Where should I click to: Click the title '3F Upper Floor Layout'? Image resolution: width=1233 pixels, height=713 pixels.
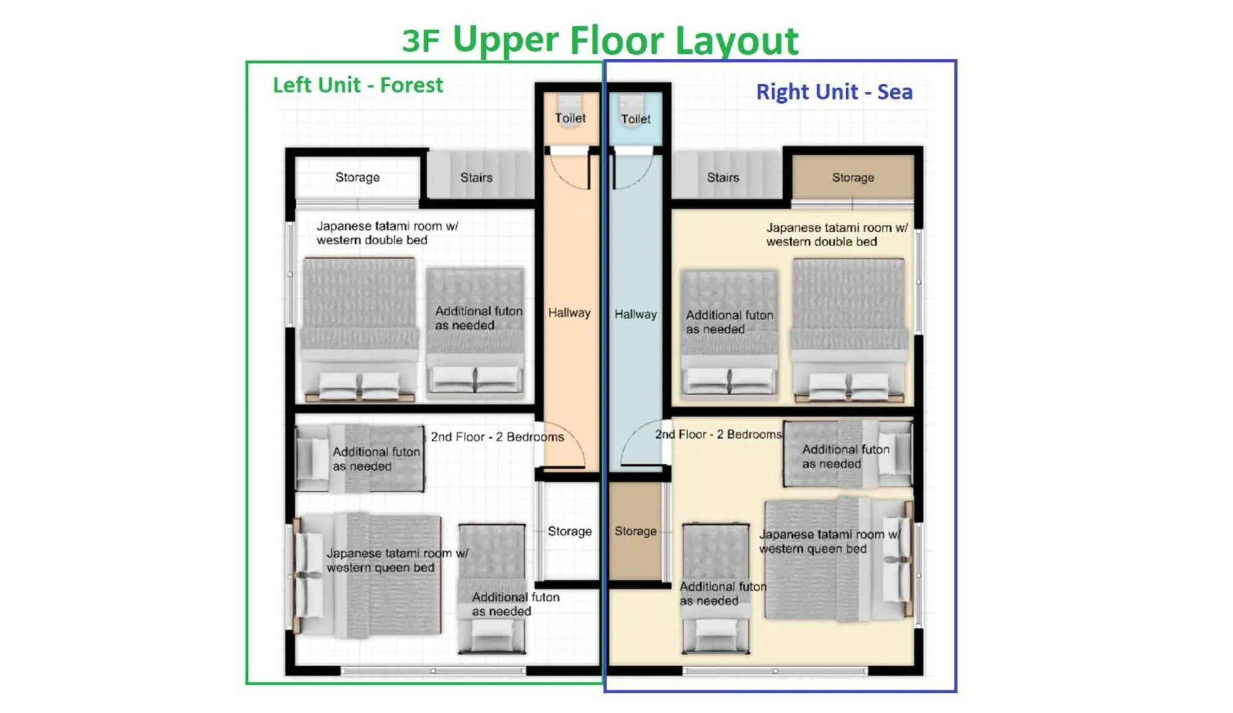(x=600, y=40)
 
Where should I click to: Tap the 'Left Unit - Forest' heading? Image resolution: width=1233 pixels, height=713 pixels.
(x=358, y=85)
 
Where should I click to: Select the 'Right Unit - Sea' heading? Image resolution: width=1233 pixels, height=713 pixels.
(x=834, y=92)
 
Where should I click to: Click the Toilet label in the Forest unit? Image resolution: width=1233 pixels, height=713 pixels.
(x=570, y=118)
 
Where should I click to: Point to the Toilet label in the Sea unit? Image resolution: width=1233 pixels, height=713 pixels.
(x=636, y=119)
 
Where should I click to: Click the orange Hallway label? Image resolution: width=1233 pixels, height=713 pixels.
(x=569, y=313)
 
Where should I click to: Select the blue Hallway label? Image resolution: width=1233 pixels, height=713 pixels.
(x=636, y=315)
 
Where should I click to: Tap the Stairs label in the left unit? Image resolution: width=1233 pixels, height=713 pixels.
(x=476, y=178)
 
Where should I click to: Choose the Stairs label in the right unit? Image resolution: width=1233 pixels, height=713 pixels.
(x=723, y=178)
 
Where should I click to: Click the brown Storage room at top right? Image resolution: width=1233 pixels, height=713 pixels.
(x=853, y=178)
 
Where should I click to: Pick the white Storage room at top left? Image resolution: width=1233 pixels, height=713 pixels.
(x=358, y=178)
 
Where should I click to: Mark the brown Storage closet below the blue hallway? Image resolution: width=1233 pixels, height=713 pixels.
(x=635, y=531)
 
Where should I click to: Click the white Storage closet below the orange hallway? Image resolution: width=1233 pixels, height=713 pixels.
(x=569, y=531)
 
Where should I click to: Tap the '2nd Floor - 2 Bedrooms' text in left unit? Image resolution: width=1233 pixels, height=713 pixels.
(x=497, y=437)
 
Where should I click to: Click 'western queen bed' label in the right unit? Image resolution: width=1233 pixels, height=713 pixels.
(x=813, y=549)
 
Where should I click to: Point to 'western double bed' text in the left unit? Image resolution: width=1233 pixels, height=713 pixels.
(x=372, y=241)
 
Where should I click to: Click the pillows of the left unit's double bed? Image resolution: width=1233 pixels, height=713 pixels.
(x=359, y=385)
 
